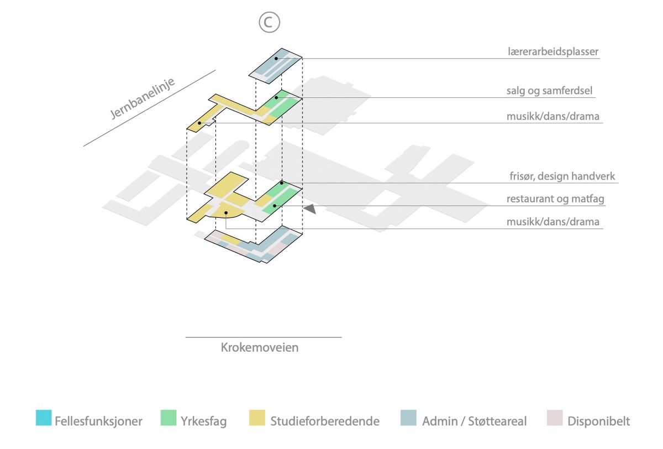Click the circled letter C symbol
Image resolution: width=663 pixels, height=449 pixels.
[x=269, y=23]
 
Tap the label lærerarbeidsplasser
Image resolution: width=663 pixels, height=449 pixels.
[x=553, y=52]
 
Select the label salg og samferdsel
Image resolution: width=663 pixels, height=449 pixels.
[x=550, y=91]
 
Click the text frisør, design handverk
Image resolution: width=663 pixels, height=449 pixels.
[x=562, y=176]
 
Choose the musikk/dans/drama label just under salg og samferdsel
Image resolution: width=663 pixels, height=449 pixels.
[x=553, y=117]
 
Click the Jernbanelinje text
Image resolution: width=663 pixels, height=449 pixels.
[x=143, y=99]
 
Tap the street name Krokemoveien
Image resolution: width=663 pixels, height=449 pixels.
[x=260, y=348]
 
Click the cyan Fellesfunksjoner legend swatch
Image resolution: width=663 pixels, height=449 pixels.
[x=44, y=418]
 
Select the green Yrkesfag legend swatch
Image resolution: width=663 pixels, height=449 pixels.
[x=169, y=418]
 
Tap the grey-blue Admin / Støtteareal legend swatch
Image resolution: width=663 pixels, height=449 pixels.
[x=408, y=418]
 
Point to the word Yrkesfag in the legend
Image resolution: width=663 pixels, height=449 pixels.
[x=203, y=421]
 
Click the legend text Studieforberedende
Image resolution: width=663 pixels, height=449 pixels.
[x=325, y=421]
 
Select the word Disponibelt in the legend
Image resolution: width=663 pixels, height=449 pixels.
[x=598, y=421]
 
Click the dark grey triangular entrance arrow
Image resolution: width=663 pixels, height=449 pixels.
[x=310, y=208]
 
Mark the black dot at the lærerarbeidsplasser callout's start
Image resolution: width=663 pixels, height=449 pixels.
[x=276, y=58]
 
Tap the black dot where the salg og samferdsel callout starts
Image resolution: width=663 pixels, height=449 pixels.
[x=276, y=97]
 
